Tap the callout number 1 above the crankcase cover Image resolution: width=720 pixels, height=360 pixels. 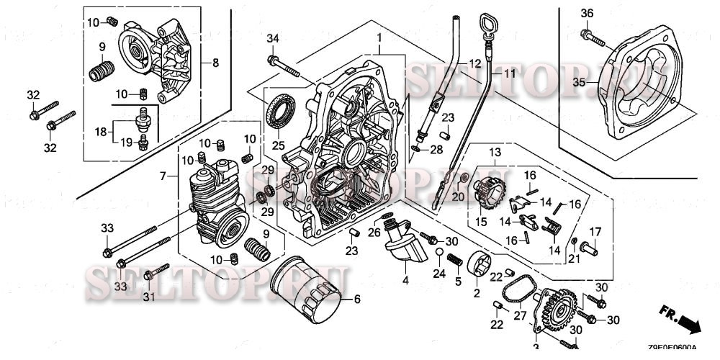tap(379, 37)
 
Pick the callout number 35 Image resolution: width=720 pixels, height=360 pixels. tap(580, 83)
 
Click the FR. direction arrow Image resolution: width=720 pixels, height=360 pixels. tap(681, 318)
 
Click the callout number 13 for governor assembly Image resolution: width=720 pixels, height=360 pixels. tap(495, 152)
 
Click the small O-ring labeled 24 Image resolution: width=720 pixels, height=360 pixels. tap(438, 251)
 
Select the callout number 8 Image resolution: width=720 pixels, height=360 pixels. tap(215, 63)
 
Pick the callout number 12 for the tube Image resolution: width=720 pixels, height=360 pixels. tap(473, 64)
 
